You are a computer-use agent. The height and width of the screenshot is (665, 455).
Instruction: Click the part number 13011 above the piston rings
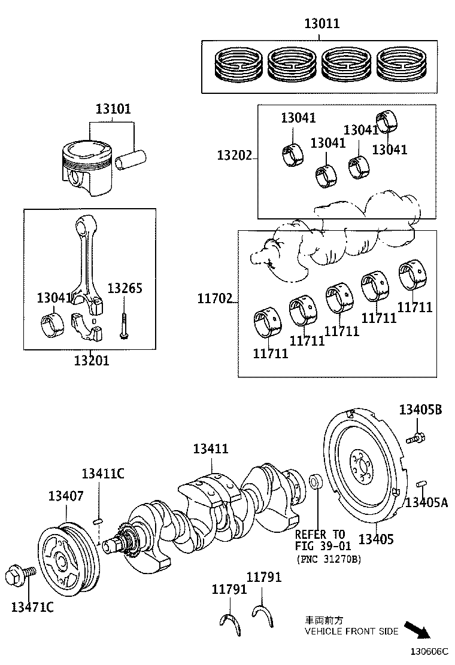pos(321,24)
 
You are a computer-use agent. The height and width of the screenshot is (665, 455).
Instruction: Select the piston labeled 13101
pos(86,167)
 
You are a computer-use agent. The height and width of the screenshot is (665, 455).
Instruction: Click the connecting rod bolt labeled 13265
pos(124,323)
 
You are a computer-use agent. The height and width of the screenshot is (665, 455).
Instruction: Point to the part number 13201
pos(92,361)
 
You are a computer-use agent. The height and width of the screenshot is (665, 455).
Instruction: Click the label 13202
pos(233,155)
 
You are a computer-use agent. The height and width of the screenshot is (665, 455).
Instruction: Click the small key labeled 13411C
pos(100,521)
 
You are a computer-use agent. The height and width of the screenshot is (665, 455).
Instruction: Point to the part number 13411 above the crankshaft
pos(210,449)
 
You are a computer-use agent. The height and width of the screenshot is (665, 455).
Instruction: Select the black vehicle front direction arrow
pos(417,630)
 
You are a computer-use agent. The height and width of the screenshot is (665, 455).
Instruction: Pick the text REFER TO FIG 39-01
pos(320,540)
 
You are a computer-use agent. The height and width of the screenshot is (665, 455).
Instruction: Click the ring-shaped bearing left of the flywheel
pos(316,481)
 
